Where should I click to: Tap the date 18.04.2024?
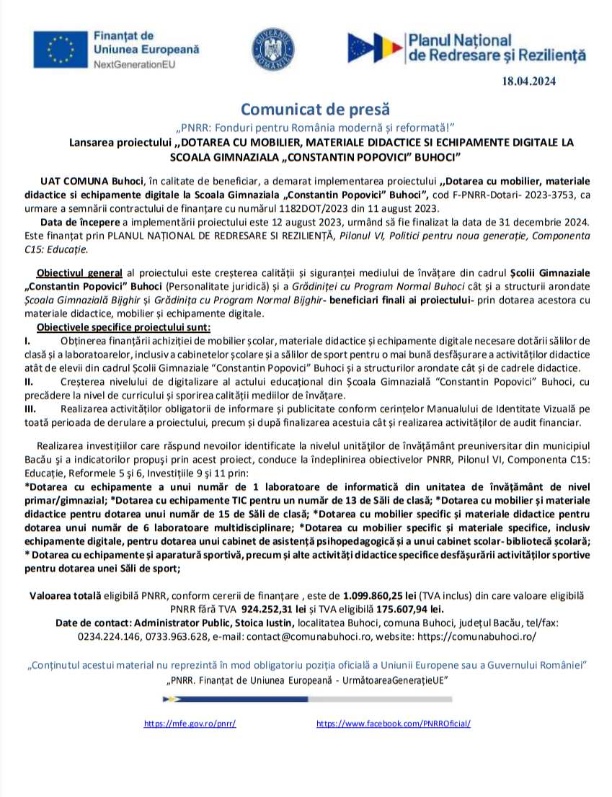tap(529, 81)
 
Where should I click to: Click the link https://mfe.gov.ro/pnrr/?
tap(190, 723)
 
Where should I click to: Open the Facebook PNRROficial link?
tap(393, 723)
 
